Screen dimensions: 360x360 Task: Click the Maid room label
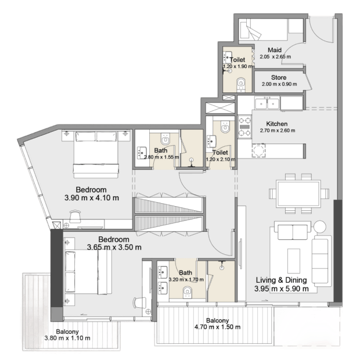point(275,50)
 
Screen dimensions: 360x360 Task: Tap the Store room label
point(279,77)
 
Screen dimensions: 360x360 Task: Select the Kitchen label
point(277,124)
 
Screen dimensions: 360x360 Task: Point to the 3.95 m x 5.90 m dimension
point(282,289)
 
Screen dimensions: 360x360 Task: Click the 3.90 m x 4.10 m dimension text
point(92,197)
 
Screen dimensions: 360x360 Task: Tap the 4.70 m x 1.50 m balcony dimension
point(217,327)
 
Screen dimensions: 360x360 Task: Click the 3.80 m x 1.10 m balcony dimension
point(67,338)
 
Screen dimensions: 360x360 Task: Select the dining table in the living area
point(298,194)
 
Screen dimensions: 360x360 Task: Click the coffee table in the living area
point(294,261)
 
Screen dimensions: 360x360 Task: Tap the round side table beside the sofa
point(320,226)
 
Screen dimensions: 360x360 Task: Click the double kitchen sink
point(267,103)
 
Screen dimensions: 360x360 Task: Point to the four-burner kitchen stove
point(244,127)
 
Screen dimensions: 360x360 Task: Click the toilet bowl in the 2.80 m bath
point(165,138)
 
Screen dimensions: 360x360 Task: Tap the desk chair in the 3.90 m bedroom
point(75,216)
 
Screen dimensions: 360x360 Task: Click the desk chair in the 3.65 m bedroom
point(139,303)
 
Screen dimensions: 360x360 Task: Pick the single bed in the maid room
point(263,30)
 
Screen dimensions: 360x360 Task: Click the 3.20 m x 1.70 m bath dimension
point(186,279)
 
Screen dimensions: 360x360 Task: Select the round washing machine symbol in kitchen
point(259,150)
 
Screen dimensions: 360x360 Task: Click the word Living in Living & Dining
point(266,280)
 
